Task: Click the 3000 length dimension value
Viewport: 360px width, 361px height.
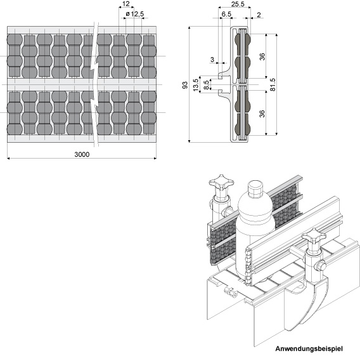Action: coord(82,154)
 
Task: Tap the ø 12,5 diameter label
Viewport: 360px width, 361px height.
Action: coord(135,14)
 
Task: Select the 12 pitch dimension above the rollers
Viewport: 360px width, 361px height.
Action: coord(126,4)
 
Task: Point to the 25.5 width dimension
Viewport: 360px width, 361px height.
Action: coord(238,4)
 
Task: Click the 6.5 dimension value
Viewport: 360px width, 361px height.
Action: coord(226,14)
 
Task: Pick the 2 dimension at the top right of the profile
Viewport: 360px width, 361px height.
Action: coord(259,15)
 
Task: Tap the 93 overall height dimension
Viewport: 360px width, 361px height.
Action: coord(185,85)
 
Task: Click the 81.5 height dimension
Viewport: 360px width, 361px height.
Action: coord(273,85)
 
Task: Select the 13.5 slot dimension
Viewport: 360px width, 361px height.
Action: coord(196,85)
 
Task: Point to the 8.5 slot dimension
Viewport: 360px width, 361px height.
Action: coord(207,85)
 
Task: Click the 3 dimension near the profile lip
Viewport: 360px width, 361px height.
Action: coord(212,60)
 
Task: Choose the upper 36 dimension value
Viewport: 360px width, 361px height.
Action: coord(262,56)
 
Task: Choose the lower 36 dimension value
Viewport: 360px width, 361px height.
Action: coord(262,114)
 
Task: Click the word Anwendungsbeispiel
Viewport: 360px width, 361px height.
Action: coord(309,349)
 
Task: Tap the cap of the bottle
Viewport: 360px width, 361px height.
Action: coord(255,188)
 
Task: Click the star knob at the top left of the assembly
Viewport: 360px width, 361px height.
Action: coord(221,183)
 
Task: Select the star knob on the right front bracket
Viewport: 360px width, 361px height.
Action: coord(314,237)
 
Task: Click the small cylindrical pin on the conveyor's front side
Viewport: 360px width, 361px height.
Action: coord(231,292)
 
